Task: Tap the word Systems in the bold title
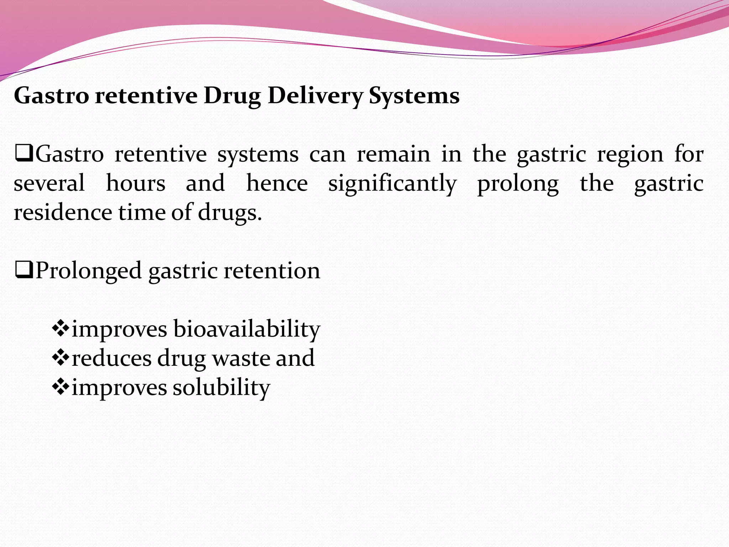pos(414,96)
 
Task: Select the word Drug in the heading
pos(232,97)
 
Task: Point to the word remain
pos(393,155)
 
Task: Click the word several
pos(49,183)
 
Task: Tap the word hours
pos(136,183)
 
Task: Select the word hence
pos(277,183)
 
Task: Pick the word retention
pos(272,271)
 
